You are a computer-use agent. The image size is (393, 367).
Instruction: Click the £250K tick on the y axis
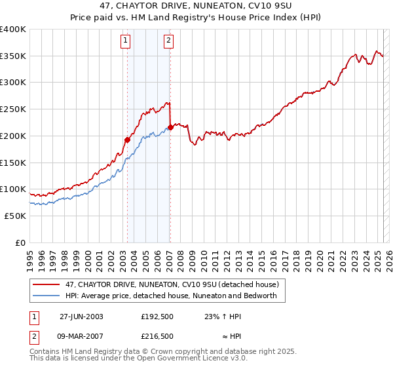click(13, 109)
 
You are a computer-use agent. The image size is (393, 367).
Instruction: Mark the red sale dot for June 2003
click(128, 139)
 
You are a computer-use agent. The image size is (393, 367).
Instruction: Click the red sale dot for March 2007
click(170, 126)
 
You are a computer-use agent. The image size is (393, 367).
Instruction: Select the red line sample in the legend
click(46, 284)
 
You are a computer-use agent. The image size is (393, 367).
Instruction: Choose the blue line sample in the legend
click(46, 296)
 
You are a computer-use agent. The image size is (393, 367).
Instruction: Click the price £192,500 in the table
click(157, 316)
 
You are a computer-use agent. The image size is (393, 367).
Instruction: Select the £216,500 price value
click(157, 336)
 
